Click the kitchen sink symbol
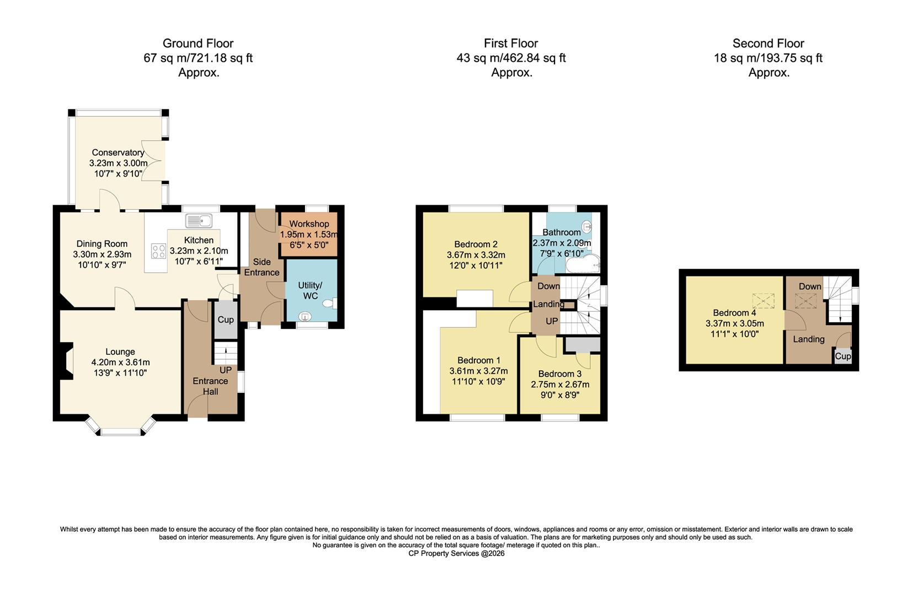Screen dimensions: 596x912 pos(199,221)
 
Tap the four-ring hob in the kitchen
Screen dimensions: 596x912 pos(159,251)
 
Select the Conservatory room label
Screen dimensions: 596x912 pos(118,153)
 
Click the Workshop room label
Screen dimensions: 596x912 pos(309,224)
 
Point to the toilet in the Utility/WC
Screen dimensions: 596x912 pos(331,303)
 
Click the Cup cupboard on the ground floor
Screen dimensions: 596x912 pos(226,320)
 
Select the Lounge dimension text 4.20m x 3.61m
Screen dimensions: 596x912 pos(120,363)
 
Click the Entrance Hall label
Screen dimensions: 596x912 pos(210,386)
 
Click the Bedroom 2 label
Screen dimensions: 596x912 pos(476,244)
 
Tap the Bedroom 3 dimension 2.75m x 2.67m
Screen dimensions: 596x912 pos(560,385)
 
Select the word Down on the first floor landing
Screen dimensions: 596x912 pos(548,286)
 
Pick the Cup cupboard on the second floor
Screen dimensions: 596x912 pos(842,356)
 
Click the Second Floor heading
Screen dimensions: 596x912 pos(768,44)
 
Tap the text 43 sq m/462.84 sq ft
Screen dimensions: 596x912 pos(511,58)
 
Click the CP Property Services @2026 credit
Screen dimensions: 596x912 pos(456,554)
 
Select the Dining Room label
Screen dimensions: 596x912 pos(102,244)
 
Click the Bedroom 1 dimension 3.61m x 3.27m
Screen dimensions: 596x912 pos(478,371)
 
